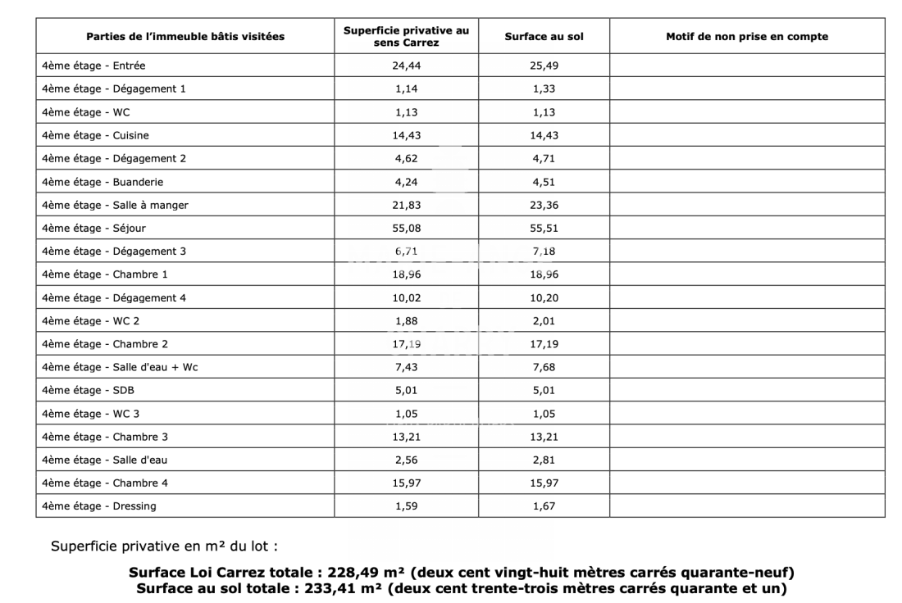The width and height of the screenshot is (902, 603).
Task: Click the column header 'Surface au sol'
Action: click(x=544, y=36)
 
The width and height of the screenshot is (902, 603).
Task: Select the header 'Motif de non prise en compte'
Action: click(x=746, y=36)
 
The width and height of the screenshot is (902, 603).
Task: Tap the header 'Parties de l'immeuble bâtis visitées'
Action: click(x=185, y=36)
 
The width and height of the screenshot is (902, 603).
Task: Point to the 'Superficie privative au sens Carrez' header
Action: click(x=406, y=36)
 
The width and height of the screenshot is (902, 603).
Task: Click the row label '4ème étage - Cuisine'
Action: click(x=95, y=135)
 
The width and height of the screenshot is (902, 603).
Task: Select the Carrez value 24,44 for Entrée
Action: click(x=406, y=65)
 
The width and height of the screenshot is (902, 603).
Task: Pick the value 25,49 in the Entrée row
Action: click(x=544, y=65)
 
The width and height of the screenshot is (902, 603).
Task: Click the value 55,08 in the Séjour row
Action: click(x=406, y=228)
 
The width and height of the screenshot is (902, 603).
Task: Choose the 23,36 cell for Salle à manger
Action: click(x=544, y=205)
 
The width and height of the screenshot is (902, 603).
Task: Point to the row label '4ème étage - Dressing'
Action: click(x=98, y=506)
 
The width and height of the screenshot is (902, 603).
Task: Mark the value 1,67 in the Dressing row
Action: click(x=544, y=506)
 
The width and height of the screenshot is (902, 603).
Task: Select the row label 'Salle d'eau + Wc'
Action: click(x=120, y=367)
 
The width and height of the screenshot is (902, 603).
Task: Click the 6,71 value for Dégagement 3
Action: click(x=406, y=251)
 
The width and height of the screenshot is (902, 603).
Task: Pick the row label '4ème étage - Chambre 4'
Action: click(x=105, y=483)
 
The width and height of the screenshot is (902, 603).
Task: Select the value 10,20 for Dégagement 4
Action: click(x=544, y=297)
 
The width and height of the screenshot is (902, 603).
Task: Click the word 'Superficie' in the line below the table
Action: click(x=81, y=546)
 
